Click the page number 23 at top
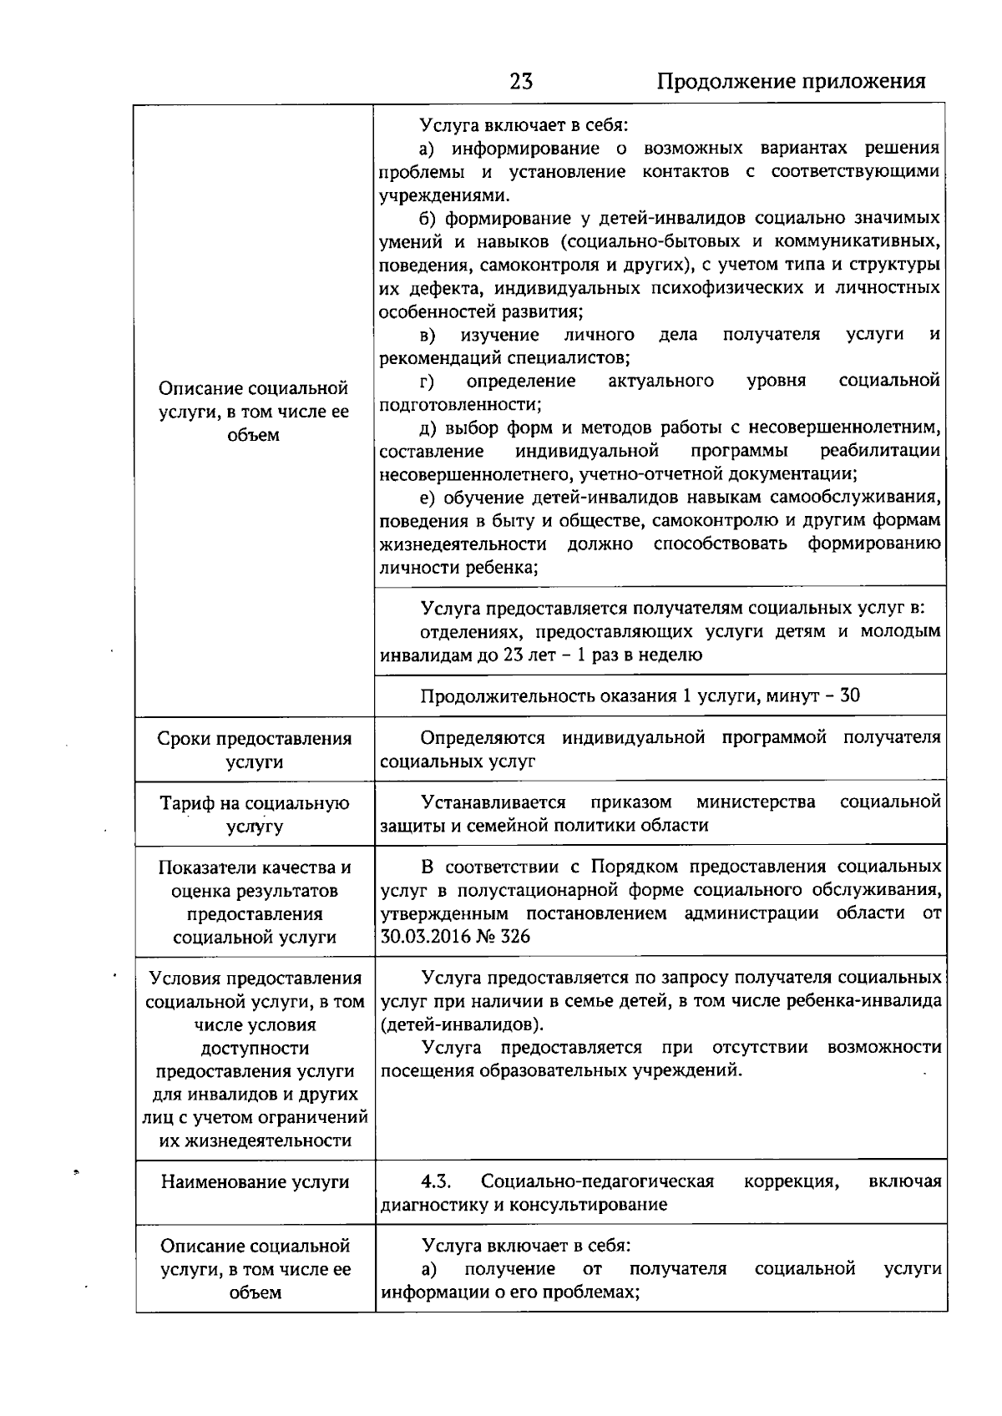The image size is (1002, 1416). (521, 81)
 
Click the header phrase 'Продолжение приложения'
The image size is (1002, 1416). (791, 81)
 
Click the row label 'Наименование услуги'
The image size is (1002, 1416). (255, 1182)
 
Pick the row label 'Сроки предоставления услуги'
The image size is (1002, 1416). (255, 750)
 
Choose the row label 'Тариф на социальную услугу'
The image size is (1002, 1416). (255, 815)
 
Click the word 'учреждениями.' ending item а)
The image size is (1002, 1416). (443, 195)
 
